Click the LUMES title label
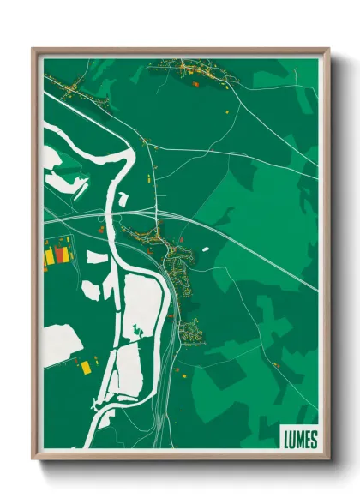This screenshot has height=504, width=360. pos(299,440)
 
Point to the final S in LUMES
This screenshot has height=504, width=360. pos(313,440)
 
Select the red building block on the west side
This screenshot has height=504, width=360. pos(59,255)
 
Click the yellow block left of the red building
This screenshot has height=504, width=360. pos(50,255)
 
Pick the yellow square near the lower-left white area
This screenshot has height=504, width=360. pos(85,367)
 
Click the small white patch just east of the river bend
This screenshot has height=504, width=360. pos(123,199)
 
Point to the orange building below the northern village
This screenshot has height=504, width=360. pos(195,84)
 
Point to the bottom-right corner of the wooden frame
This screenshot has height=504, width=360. pos(327,459)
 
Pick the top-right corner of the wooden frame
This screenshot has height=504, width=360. pos(327,50)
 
